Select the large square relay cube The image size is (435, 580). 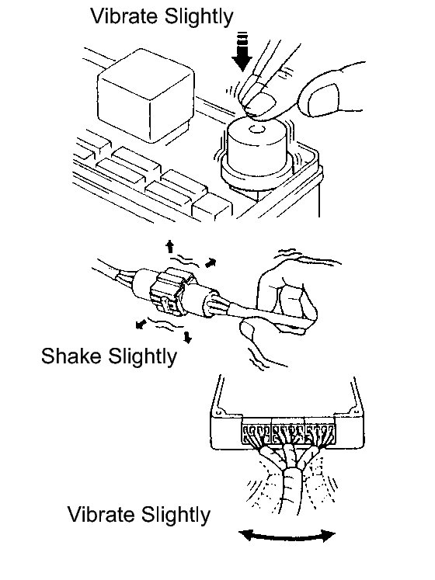click(145, 96)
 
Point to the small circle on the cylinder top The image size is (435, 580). click(256, 129)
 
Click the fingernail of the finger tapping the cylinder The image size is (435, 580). click(261, 103)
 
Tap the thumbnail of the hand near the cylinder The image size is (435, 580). click(323, 99)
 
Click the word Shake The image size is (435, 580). click(71, 356)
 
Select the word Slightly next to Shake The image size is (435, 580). click(142, 357)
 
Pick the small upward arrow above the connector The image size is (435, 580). click(169, 246)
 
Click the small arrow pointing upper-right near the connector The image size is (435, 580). click(211, 262)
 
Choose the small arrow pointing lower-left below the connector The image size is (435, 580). click(140, 325)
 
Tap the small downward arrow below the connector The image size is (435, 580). click(188, 337)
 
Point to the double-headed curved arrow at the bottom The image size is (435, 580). click(287, 536)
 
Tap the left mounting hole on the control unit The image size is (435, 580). click(218, 412)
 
